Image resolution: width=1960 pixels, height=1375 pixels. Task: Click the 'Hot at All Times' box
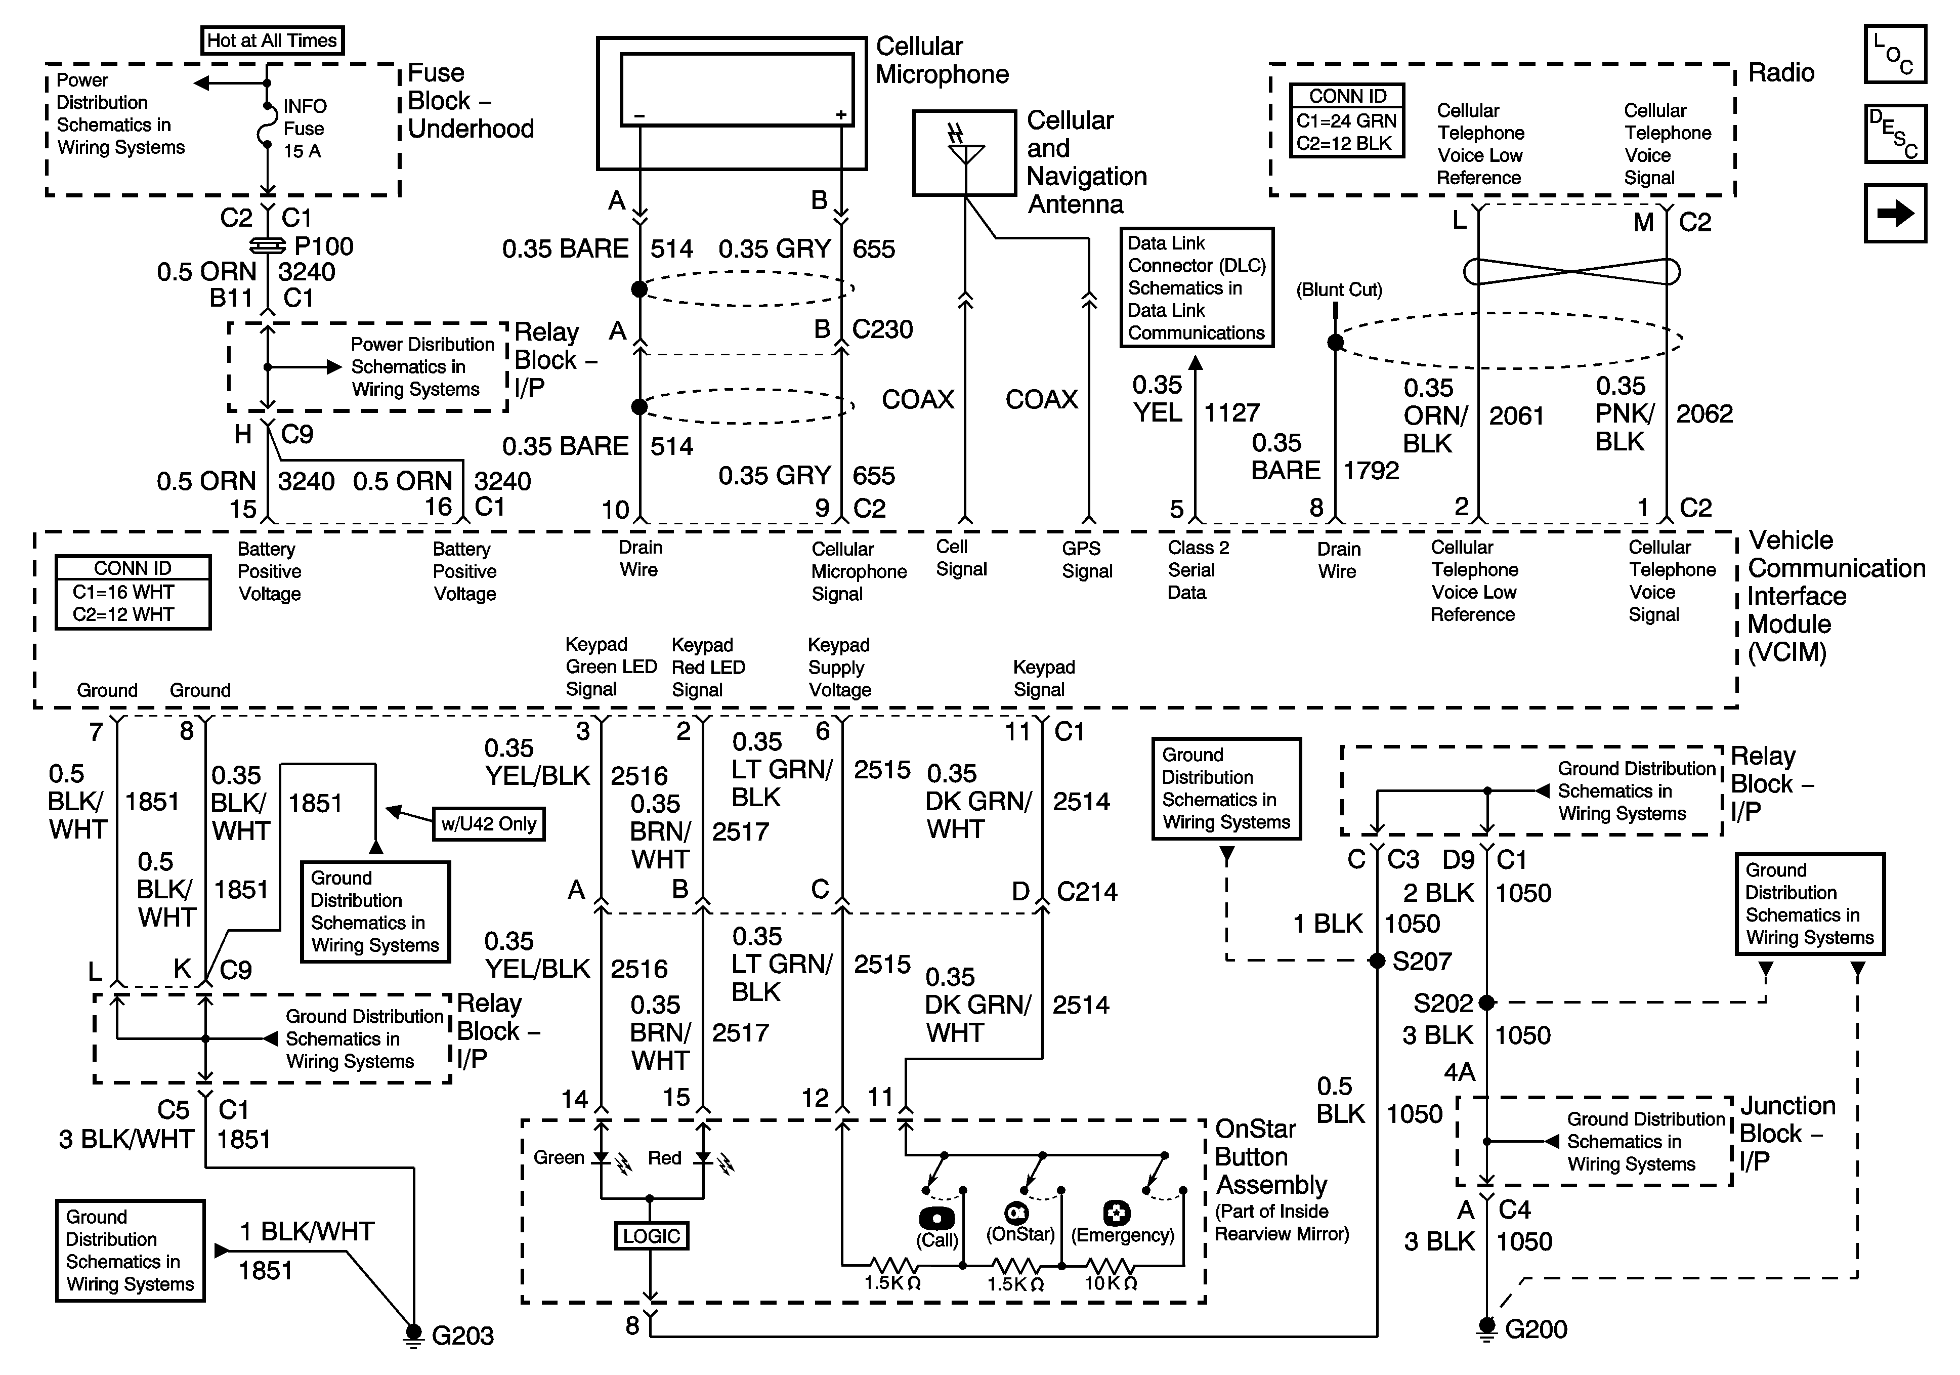pyautogui.click(x=272, y=40)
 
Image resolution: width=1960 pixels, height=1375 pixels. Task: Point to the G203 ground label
pyautogui.click(x=462, y=1335)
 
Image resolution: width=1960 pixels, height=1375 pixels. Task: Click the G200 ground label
pyautogui.click(x=1536, y=1329)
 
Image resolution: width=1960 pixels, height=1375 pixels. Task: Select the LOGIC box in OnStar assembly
pyautogui.click(x=651, y=1236)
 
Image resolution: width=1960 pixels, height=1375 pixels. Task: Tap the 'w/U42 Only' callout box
pyautogui.click(x=488, y=824)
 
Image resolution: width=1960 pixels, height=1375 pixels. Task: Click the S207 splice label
pyautogui.click(x=1421, y=962)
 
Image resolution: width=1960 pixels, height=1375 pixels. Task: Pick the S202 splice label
pyautogui.click(x=1443, y=1003)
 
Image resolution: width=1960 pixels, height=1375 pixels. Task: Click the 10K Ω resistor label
pyautogui.click(x=1110, y=1283)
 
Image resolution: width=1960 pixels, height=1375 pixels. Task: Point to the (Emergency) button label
pyautogui.click(x=1123, y=1235)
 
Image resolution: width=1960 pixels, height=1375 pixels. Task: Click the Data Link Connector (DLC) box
pyautogui.click(x=1196, y=288)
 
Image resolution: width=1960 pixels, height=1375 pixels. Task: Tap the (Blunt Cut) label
pyautogui.click(x=1339, y=289)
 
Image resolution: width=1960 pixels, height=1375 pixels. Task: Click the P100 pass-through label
pyautogui.click(x=323, y=247)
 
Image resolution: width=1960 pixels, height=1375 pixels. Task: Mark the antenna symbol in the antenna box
pyautogui.click(x=965, y=149)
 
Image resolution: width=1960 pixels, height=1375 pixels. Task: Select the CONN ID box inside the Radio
pyautogui.click(x=1346, y=120)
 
